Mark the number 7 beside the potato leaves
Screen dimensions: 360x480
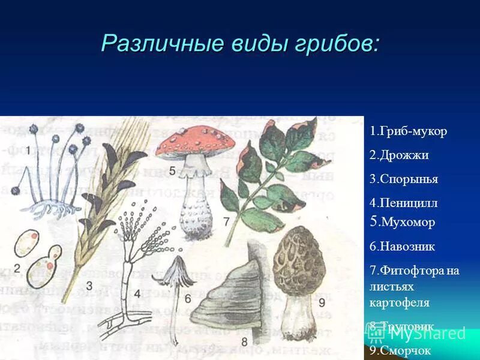226,222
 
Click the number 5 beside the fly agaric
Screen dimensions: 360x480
172,171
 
